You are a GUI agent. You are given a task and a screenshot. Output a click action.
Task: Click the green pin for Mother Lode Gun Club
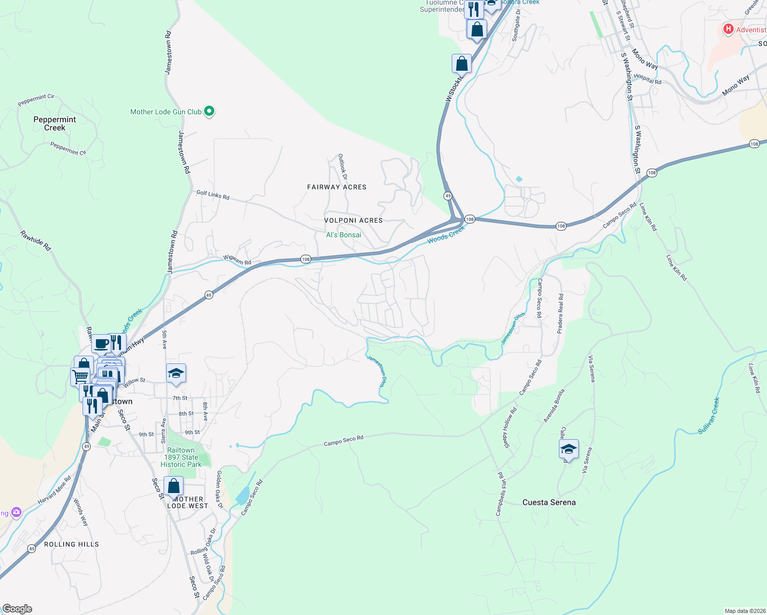pyautogui.click(x=209, y=111)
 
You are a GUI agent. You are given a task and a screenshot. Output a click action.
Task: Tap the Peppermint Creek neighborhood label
pyautogui.click(x=54, y=124)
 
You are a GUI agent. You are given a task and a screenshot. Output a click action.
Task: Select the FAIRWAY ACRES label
pyautogui.click(x=337, y=187)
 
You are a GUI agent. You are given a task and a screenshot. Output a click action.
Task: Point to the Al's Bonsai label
pyautogui.click(x=344, y=235)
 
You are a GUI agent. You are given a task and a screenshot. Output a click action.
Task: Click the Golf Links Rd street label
pyautogui.click(x=213, y=195)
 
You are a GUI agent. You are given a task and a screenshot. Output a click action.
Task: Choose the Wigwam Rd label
pyautogui.click(x=237, y=260)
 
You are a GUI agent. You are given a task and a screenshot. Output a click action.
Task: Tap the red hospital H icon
pyautogui.click(x=728, y=29)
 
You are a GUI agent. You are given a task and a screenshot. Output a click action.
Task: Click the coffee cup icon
pyautogui.click(x=102, y=343)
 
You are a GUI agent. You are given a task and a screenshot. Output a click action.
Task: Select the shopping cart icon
pyautogui.click(x=80, y=377)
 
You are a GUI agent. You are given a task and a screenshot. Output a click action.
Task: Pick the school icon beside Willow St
pyautogui.click(x=176, y=373)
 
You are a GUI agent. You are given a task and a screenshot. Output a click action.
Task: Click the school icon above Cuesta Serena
pyautogui.click(x=569, y=449)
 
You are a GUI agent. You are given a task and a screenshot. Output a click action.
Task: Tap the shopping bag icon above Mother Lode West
pyautogui.click(x=174, y=486)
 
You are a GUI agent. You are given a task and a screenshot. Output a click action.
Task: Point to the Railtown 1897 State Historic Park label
pyautogui.click(x=181, y=457)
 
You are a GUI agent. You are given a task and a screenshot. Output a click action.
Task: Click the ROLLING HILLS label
pyautogui.click(x=71, y=544)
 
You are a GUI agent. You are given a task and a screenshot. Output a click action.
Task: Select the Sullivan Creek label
pyautogui.click(x=709, y=416)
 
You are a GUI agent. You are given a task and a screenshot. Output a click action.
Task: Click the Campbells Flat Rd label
pyautogui.click(x=500, y=494)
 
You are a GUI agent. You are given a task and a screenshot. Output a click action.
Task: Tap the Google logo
pyautogui.click(x=17, y=609)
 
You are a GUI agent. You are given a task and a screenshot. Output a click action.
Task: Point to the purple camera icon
pyautogui.click(x=16, y=512)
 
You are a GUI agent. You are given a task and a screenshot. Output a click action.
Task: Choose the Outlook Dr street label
pyautogui.click(x=342, y=167)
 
